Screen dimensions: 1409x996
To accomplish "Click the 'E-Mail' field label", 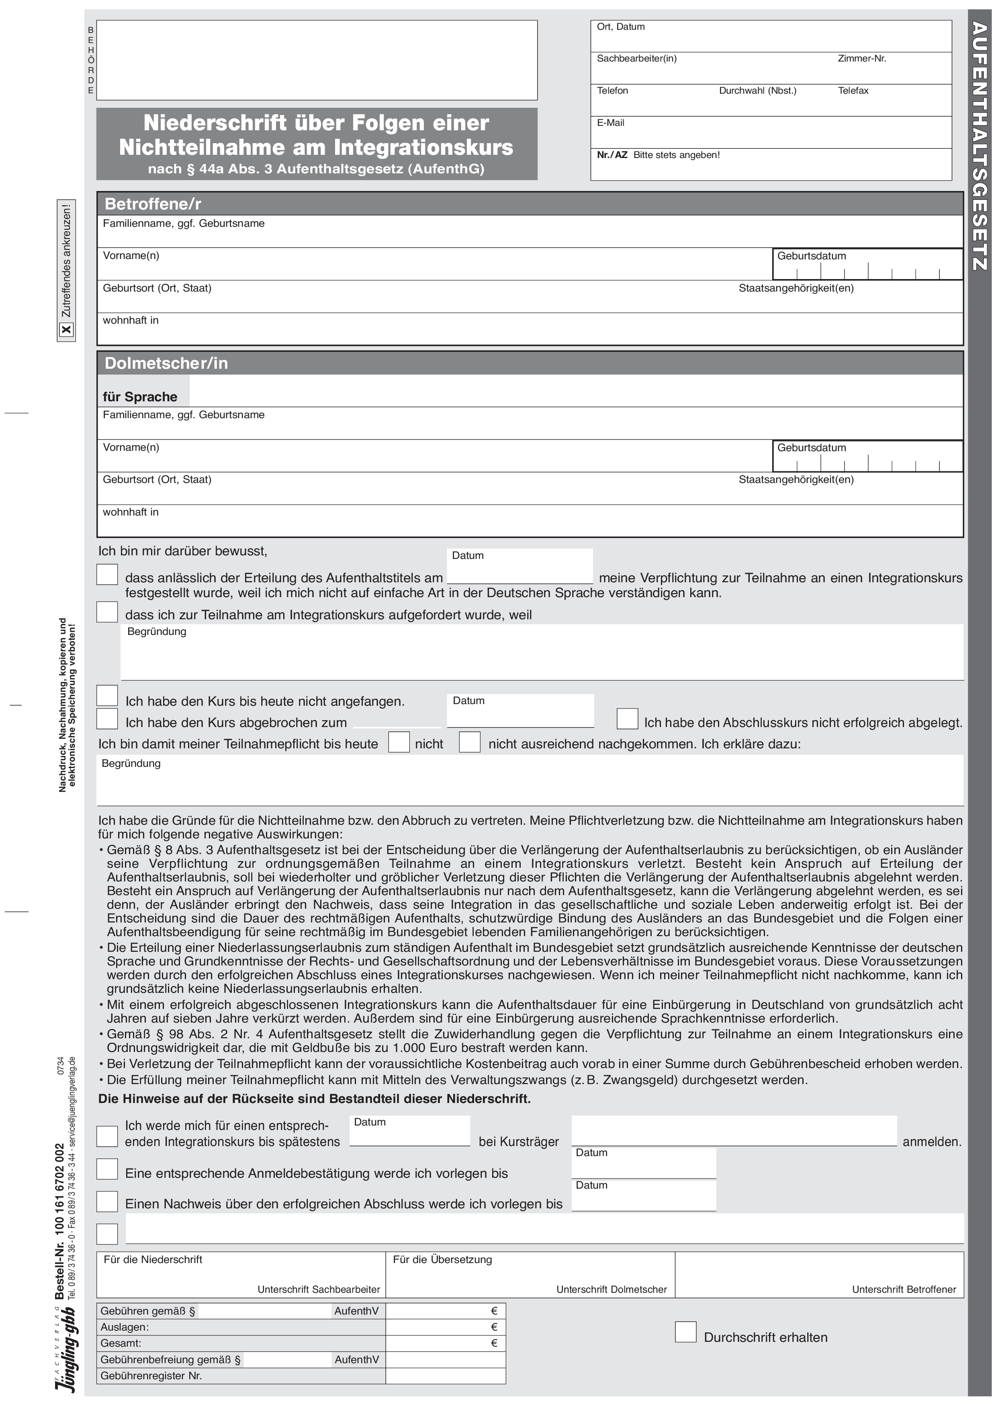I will point(610,123).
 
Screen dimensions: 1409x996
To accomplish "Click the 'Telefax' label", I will point(853,91).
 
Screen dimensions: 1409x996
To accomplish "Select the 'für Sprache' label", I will point(140,397).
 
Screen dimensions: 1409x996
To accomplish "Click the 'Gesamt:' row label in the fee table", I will point(121,1343).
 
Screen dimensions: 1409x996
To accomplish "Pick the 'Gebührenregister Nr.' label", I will point(151,1375).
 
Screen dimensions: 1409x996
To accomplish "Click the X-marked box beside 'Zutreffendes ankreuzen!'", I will point(66,330).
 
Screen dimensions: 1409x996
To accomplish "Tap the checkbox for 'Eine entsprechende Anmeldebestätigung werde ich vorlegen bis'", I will point(107,1169).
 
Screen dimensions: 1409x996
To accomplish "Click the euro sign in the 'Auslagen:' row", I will point(494,1327).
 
